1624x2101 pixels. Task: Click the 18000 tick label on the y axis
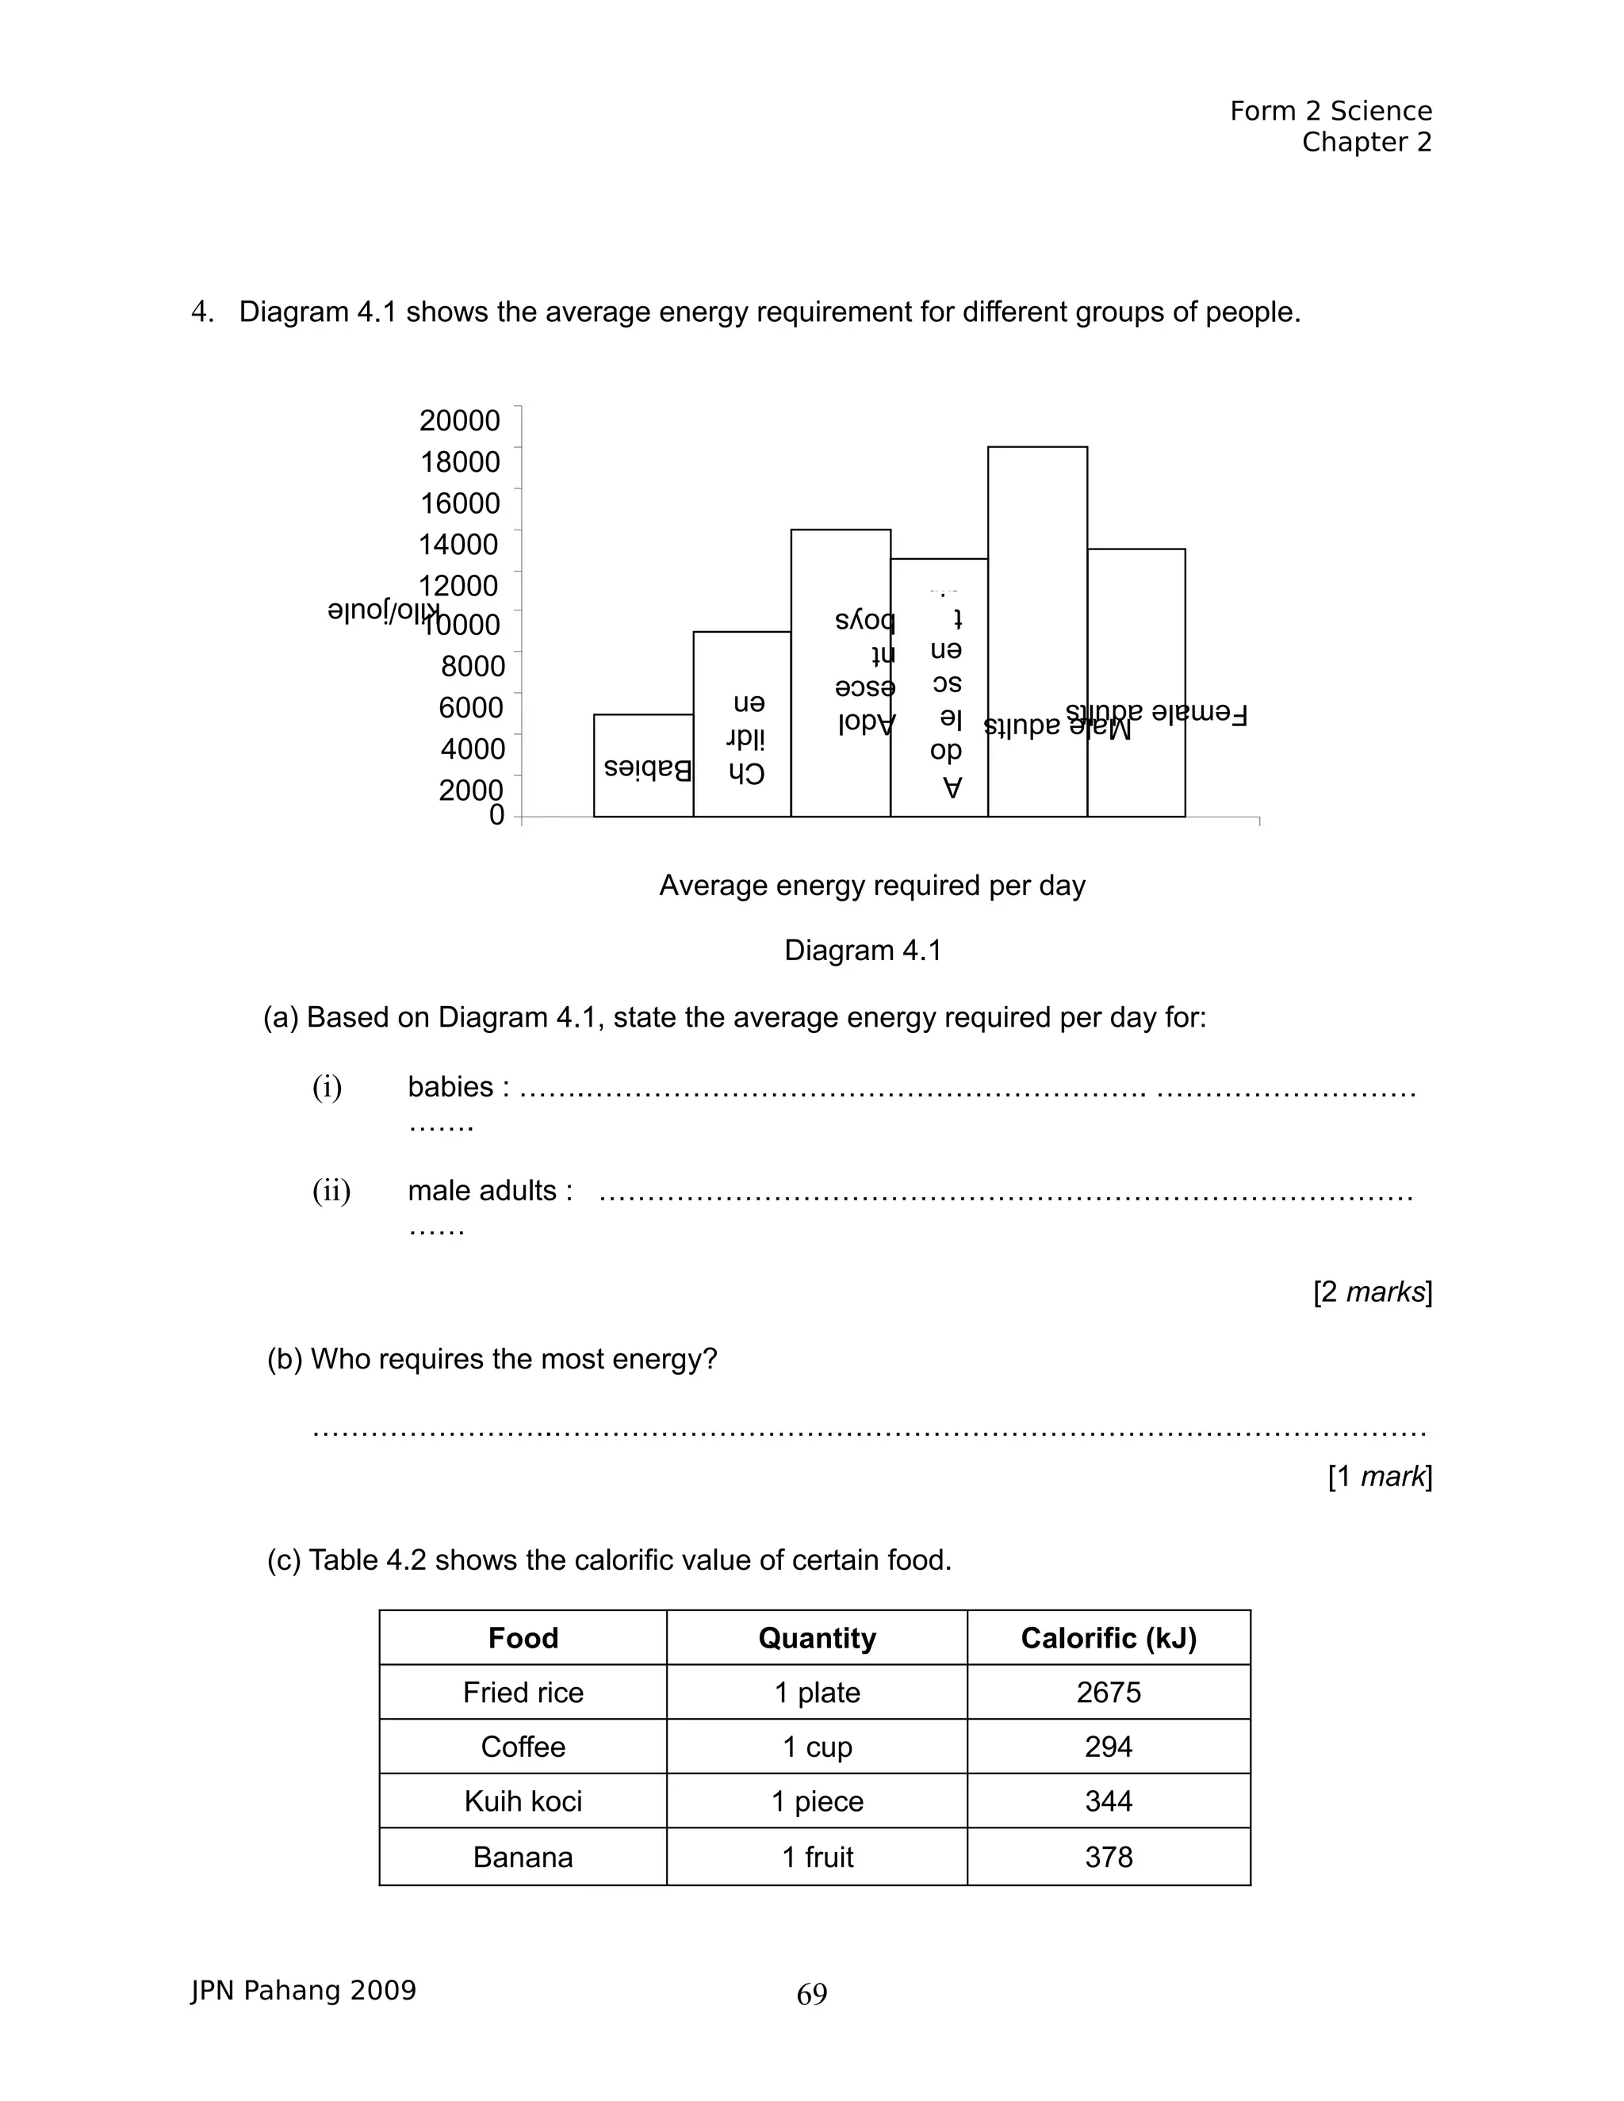click(460, 461)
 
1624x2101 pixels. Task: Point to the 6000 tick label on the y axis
click(470, 707)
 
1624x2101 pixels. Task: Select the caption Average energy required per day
click(871, 885)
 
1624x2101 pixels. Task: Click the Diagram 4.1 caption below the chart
click(862, 951)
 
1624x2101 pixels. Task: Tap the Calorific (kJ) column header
click(1109, 1638)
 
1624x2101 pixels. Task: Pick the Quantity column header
click(817, 1638)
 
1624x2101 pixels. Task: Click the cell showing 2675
click(1109, 1692)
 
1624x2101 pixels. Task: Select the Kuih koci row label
click(523, 1801)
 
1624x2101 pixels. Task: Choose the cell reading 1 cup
click(817, 1747)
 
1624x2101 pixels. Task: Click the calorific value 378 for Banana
click(1109, 1857)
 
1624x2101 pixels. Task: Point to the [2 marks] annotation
click(1372, 1292)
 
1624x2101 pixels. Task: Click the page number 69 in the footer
click(812, 1994)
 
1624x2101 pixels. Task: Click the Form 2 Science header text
click(1331, 112)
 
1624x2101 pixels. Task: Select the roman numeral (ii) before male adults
click(331, 1191)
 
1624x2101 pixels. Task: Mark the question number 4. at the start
click(202, 312)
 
